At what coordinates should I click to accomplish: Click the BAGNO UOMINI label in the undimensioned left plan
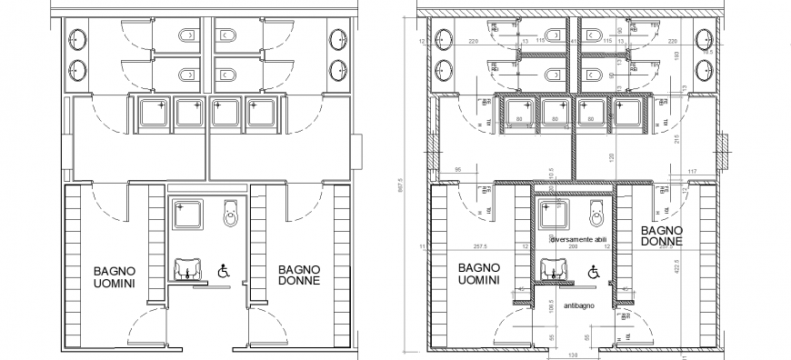[114, 277]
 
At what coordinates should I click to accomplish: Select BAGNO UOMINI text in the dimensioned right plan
[478, 274]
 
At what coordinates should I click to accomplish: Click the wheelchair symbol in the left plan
[222, 270]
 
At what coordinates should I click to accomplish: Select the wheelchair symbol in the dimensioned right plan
[593, 270]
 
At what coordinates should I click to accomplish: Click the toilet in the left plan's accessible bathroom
[231, 214]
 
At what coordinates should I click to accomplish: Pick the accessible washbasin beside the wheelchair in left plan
[185, 270]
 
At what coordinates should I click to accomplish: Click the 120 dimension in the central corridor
[587, 155]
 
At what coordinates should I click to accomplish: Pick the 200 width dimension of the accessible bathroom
[573, 247]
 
